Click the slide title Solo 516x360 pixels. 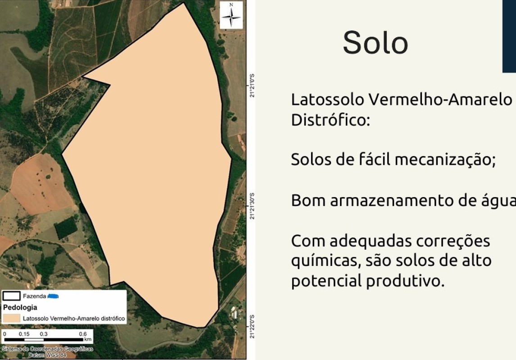375,43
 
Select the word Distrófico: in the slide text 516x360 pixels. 330,120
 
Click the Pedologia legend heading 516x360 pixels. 20,307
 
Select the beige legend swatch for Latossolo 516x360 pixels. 11,318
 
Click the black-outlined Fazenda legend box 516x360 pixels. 11,296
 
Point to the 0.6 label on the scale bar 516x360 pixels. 83,334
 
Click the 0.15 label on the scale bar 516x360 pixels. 24,334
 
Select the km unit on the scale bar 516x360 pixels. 88,339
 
